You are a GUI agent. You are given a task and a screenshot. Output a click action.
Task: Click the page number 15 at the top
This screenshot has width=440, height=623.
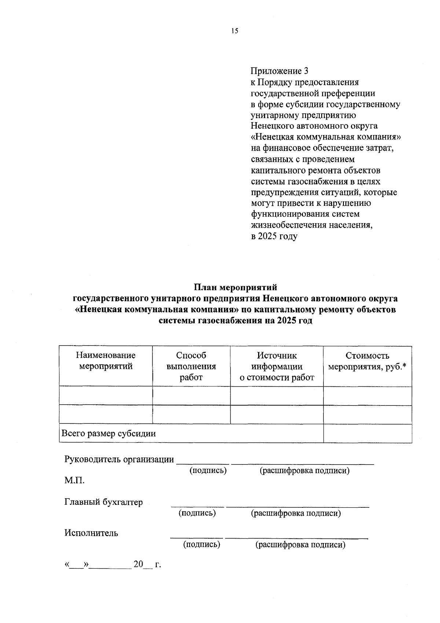(235, 31)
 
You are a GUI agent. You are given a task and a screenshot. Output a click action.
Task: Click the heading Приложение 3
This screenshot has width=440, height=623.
(279, 71)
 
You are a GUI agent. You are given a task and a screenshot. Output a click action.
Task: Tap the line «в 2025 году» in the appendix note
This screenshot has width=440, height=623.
(274, 236)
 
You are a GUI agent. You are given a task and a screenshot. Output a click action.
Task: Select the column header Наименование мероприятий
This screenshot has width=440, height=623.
(106, 361)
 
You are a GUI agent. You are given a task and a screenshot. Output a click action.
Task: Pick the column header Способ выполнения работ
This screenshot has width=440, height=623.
(191, 366)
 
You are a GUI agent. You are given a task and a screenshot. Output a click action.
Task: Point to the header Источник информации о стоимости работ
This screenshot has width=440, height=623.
(277, 366)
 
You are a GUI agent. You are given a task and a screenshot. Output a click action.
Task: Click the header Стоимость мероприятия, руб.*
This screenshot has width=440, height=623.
(367, 361)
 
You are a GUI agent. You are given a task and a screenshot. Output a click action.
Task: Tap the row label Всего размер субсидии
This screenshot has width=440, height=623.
(109, 434)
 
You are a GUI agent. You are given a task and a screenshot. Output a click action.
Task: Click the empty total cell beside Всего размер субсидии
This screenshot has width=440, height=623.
(367, 434)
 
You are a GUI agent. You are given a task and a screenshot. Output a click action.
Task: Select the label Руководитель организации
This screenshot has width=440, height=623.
(119, 459)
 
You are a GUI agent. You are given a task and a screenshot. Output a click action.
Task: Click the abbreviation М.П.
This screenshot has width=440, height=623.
(74, 480)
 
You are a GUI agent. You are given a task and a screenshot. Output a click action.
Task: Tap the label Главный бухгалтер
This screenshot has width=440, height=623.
(104, 502)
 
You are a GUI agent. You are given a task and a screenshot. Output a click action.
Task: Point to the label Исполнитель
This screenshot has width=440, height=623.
(91, 533)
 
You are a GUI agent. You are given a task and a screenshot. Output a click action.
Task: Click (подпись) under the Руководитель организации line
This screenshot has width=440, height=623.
(208, 471)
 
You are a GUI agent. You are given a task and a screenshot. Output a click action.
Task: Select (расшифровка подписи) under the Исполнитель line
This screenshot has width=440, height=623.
(300, 545)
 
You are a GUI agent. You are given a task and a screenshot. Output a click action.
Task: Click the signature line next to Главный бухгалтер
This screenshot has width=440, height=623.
(197, 506)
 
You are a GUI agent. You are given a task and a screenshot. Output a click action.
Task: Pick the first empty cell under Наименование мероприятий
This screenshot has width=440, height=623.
(106, 396)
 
